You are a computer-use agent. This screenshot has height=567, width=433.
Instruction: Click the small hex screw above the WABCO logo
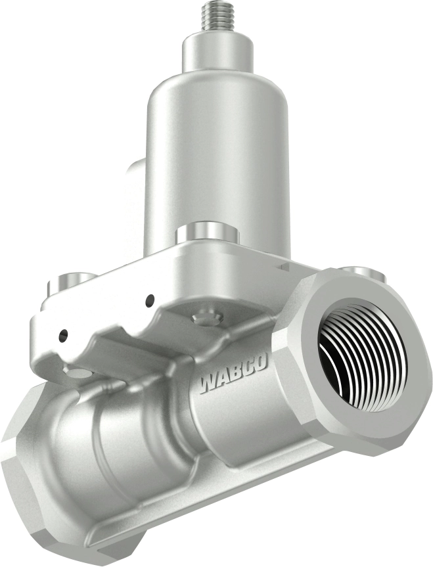point(208,316)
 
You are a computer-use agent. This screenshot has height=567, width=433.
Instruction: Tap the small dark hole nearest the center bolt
point(150,300)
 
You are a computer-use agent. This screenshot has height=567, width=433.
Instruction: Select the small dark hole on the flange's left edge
point(62,335)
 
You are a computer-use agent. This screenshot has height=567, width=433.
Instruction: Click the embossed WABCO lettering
point(233,377)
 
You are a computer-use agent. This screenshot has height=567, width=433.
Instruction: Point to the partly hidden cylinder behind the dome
point(135,197)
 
